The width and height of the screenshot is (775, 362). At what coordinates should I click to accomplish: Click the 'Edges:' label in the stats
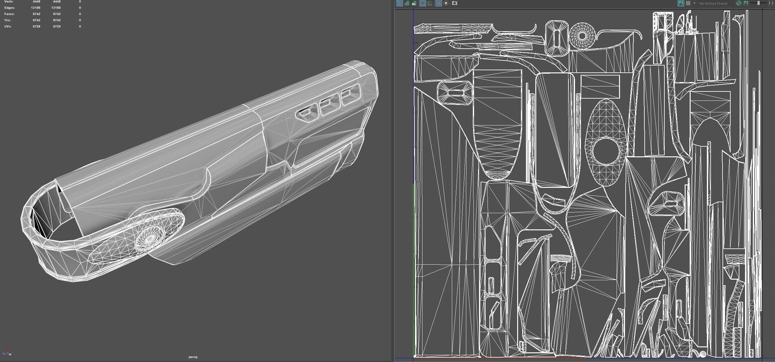point(9,8)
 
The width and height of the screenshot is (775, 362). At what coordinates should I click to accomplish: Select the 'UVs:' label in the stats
point(8,27)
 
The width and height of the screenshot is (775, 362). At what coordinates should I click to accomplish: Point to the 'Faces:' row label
point(9,14)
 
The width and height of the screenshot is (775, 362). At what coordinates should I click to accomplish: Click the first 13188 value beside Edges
point(36,8)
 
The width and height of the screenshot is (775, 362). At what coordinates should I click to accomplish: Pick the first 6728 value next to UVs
point(37,27)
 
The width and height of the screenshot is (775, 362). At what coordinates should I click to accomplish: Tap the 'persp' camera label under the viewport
point(193,357)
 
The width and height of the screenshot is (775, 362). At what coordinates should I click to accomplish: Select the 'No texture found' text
point(713,3)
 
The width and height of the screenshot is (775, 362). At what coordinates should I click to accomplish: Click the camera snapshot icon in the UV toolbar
point(455,3)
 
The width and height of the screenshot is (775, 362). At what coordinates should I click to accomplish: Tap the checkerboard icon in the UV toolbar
point(688,3)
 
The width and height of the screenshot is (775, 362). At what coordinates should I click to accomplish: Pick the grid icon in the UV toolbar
point(438,3)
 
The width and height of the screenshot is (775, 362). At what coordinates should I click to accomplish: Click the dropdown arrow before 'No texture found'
point(694,3)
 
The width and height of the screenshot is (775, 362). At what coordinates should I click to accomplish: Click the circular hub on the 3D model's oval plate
point(150,238)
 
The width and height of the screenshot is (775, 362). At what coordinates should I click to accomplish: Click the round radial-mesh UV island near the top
point(582,36)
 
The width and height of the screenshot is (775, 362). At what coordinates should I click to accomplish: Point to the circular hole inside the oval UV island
point(606,151)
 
